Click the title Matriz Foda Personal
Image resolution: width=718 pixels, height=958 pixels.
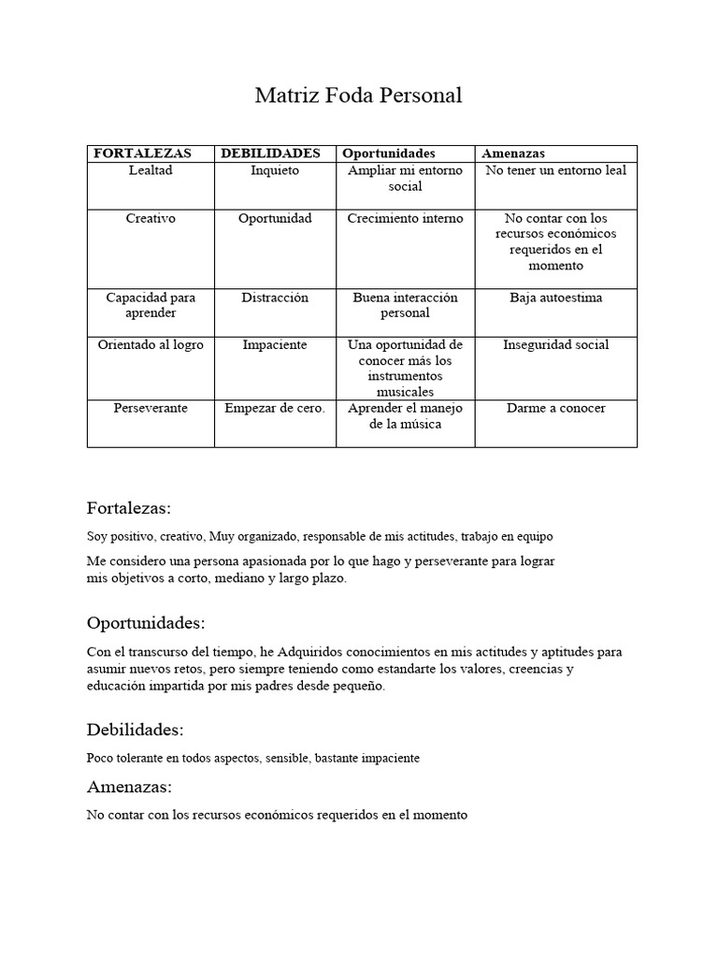tap(359, 95)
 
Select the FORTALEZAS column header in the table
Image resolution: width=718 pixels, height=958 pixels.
tap(143, 153)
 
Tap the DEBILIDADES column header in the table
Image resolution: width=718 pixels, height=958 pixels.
tap(270, 153)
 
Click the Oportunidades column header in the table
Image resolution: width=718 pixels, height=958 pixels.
tap(389, 153)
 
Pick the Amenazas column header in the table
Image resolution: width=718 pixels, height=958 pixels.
tap(513, 153)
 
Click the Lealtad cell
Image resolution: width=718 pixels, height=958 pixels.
tap(151, 170)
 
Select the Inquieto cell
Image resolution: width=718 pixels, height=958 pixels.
tap(275, 170)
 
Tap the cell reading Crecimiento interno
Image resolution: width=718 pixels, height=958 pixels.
tap(405, 218)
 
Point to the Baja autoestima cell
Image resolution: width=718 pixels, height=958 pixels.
tap(555, 298)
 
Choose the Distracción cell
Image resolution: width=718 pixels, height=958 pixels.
tap(275, 298)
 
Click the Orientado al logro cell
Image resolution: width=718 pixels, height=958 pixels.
tap(151, 345)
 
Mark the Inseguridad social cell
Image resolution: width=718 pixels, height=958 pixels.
tap(555, 345)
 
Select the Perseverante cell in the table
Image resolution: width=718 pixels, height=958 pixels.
tap(151, 409)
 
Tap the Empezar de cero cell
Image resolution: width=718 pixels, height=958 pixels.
tap(275, 409)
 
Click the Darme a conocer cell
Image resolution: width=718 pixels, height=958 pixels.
tap(555, 409)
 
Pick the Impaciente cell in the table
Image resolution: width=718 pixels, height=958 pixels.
tap(275, 345)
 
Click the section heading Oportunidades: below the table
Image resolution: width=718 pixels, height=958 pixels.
tap(145, 623)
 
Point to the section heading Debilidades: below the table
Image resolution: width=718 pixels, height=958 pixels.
tap(135, 730)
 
